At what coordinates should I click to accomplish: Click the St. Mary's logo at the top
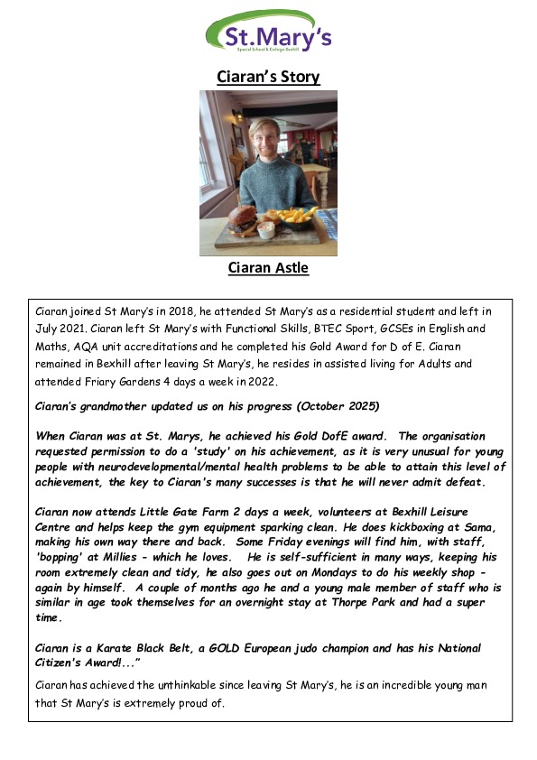(x=268, y=33)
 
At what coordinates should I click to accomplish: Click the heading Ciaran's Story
(x=268, y=77)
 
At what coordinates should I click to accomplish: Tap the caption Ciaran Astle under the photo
(x=268, y=268)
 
